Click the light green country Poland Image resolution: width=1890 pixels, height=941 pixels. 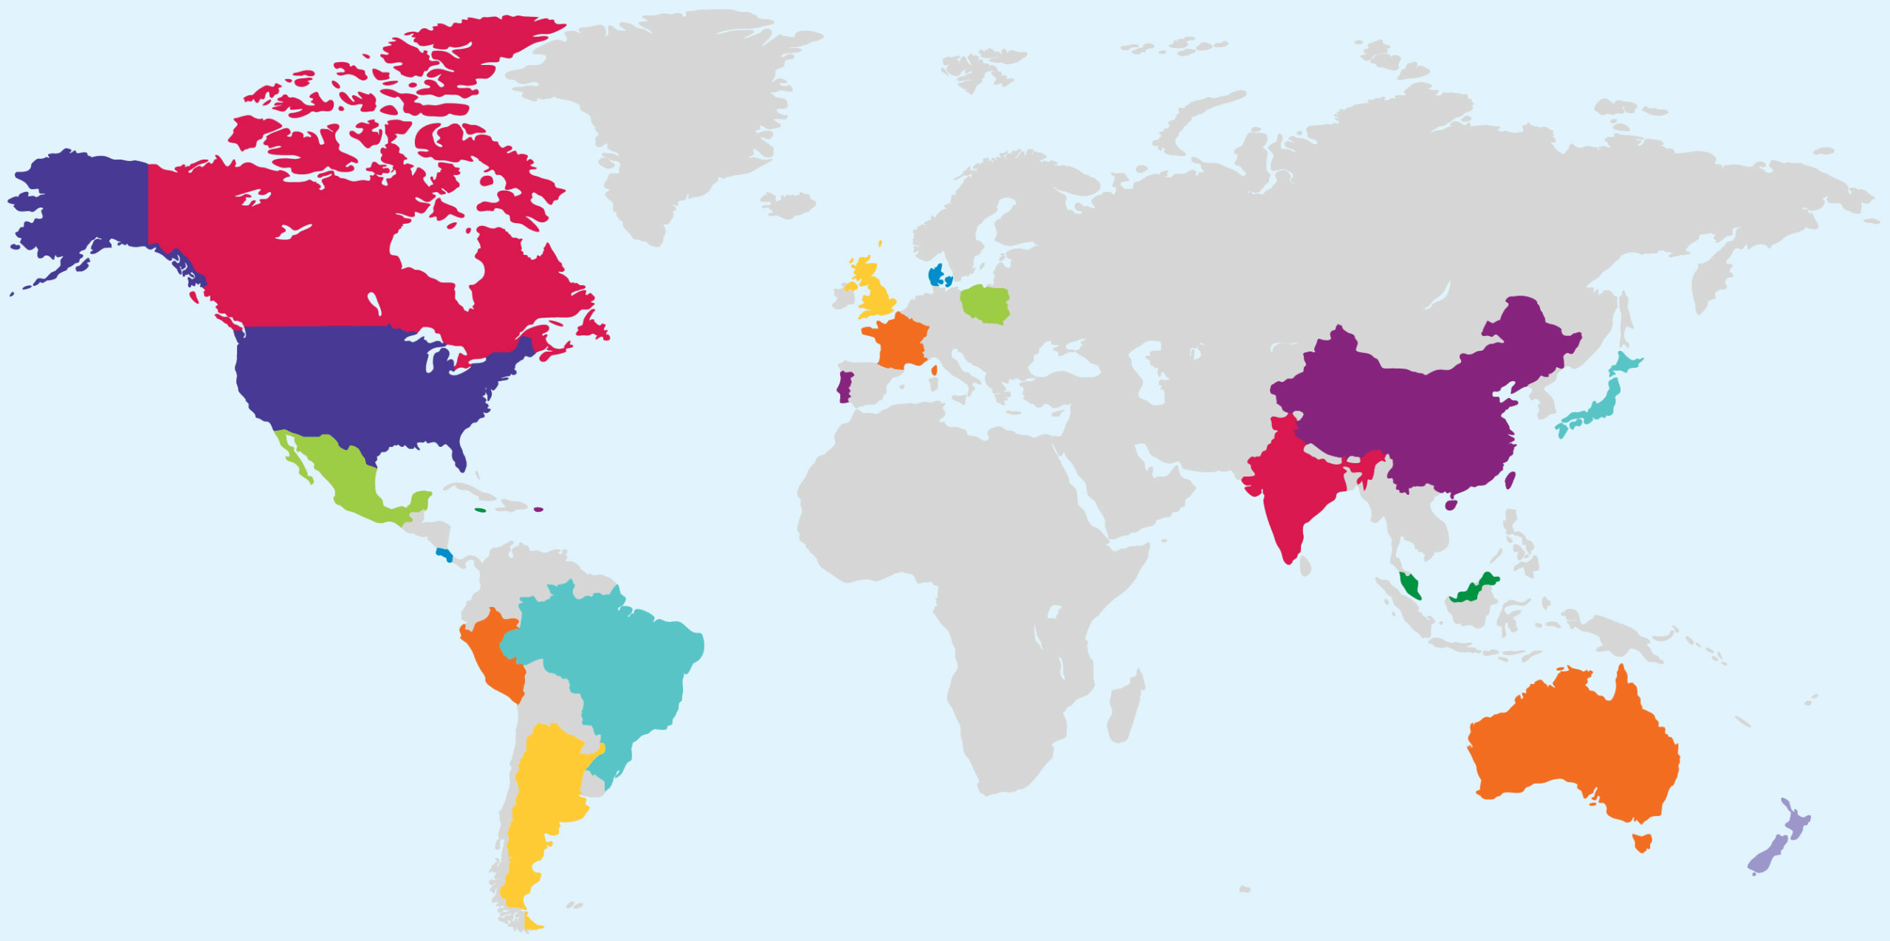click(985, 304)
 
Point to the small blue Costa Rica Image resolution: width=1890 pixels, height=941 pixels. click(444, 554)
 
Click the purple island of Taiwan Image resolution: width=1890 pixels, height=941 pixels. click(1510, 481)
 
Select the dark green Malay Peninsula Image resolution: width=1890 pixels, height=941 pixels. click(1410, 585)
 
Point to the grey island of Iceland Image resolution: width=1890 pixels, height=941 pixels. click(788, 204)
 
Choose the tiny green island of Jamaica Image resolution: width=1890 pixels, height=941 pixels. click(481, 510)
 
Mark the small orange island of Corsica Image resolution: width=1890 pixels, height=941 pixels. click(934, 369)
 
